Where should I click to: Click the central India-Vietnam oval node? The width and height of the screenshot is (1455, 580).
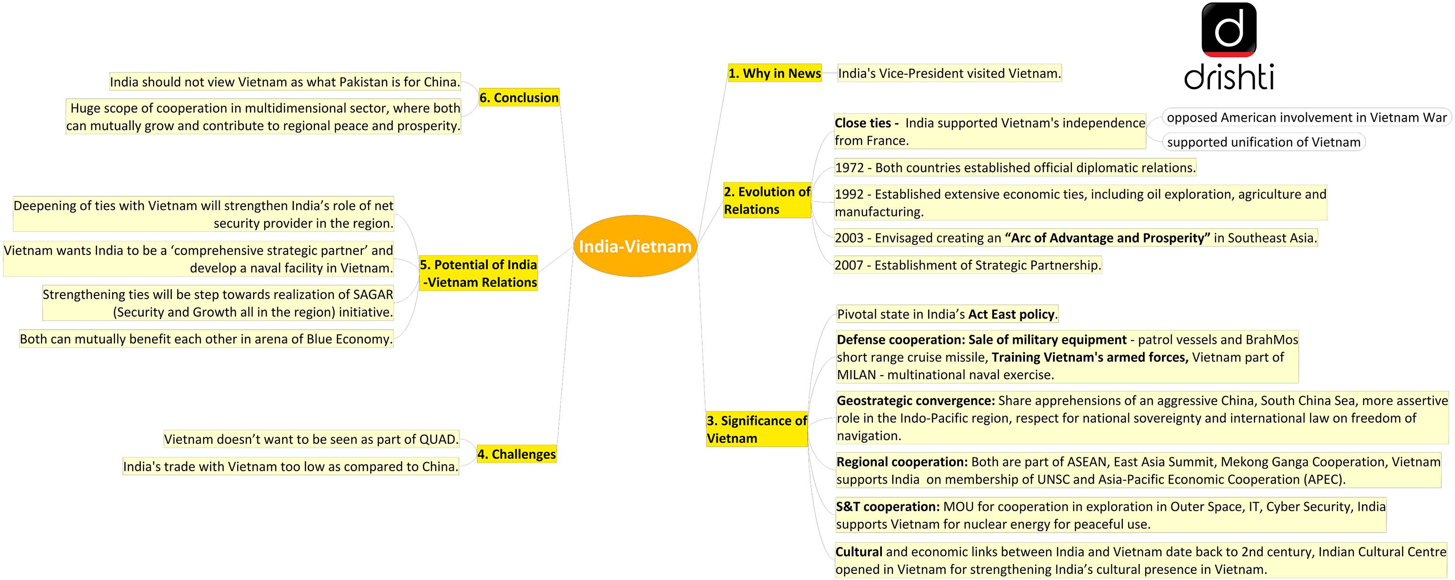pos(635,246)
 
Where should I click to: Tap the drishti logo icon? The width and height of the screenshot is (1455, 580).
pos(1229,30)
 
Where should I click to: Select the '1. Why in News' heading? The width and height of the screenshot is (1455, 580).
pos(774,73)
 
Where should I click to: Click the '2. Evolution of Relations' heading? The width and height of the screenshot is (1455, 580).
pos(767,201)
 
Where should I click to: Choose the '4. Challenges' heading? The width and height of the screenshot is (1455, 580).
pos(516,454)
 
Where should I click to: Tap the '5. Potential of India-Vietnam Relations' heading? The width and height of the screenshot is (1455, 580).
pos(478,273)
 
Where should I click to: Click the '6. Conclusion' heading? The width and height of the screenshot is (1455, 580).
pos(519,97)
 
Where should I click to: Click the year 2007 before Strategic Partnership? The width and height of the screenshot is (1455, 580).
pos(850,265)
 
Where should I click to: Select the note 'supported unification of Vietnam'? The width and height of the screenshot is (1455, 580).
pos(1264,142)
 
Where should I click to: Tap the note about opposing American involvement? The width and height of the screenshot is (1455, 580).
pos(1307,117)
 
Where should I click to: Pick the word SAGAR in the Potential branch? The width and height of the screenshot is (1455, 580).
pos(373,294)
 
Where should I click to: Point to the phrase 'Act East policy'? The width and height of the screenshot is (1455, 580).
pos(1011,314)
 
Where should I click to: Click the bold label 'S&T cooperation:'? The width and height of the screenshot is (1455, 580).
pos(888,507)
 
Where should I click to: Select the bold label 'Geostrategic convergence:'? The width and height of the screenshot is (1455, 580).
pos(916,401)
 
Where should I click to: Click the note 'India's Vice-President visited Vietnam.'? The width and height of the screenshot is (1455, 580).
pos(950,73)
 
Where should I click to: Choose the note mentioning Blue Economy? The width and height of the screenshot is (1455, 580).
pos(206,339)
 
